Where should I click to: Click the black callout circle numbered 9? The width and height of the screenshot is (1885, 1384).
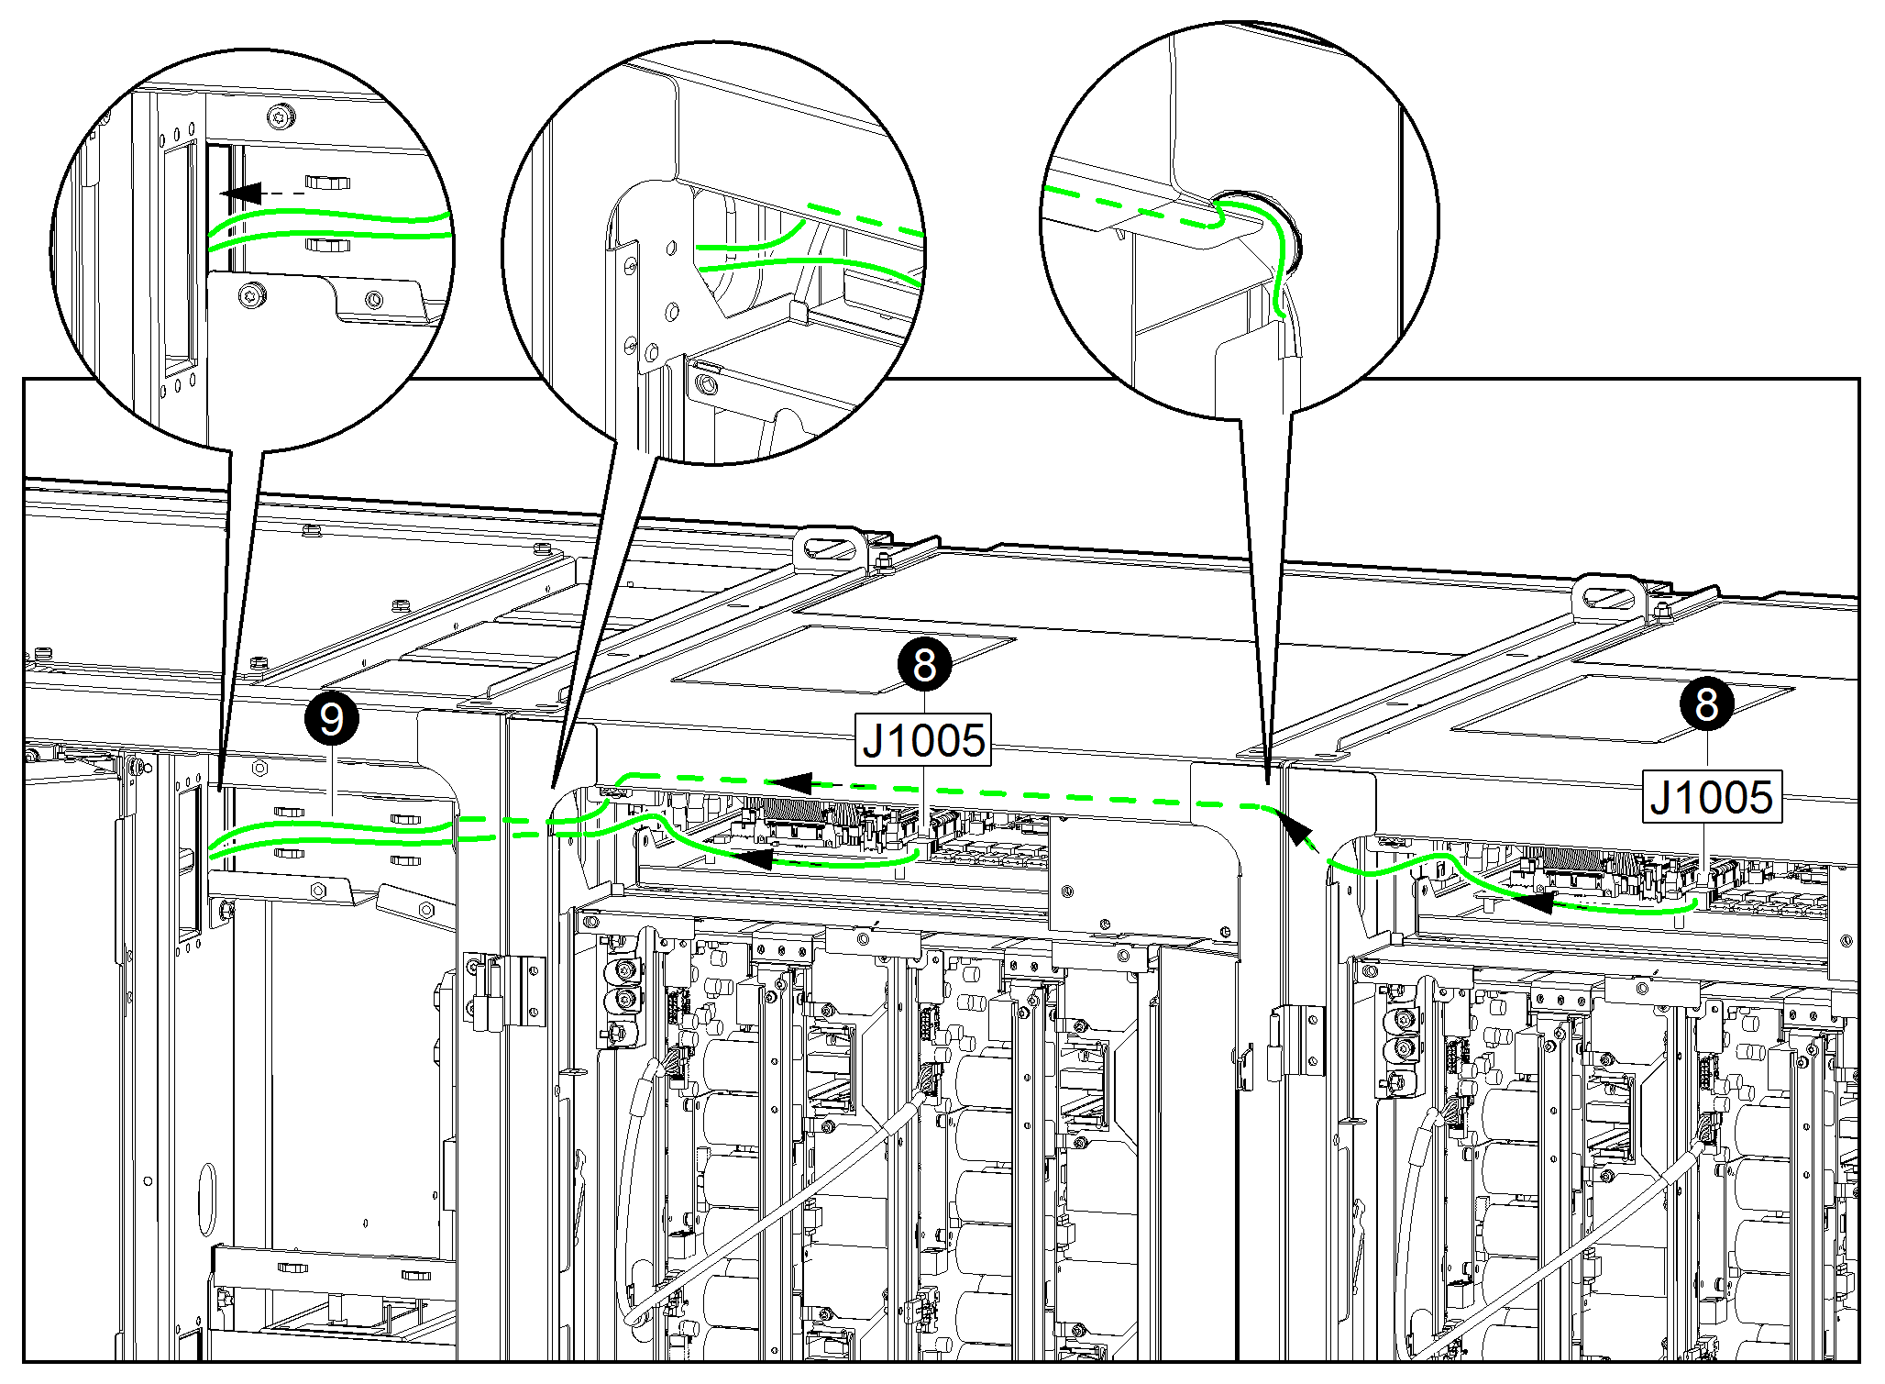(x=331, y=718)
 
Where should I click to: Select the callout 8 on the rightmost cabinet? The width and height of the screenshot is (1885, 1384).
(x=1706, y=703)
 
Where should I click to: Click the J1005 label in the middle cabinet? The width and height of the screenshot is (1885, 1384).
(x=924, y=740)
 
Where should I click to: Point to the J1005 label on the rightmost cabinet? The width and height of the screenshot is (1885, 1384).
(x=1711, y=797)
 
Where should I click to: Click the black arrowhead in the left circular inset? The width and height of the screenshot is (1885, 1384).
(x=241, y=194)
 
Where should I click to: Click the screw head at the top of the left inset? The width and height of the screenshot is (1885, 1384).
(x=281, y=116)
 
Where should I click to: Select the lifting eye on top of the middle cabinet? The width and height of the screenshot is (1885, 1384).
(x=829, y=548)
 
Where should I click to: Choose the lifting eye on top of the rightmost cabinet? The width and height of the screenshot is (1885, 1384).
(x=1607, y=596)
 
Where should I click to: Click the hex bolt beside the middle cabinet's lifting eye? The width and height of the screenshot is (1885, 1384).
(x=884, y=561)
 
